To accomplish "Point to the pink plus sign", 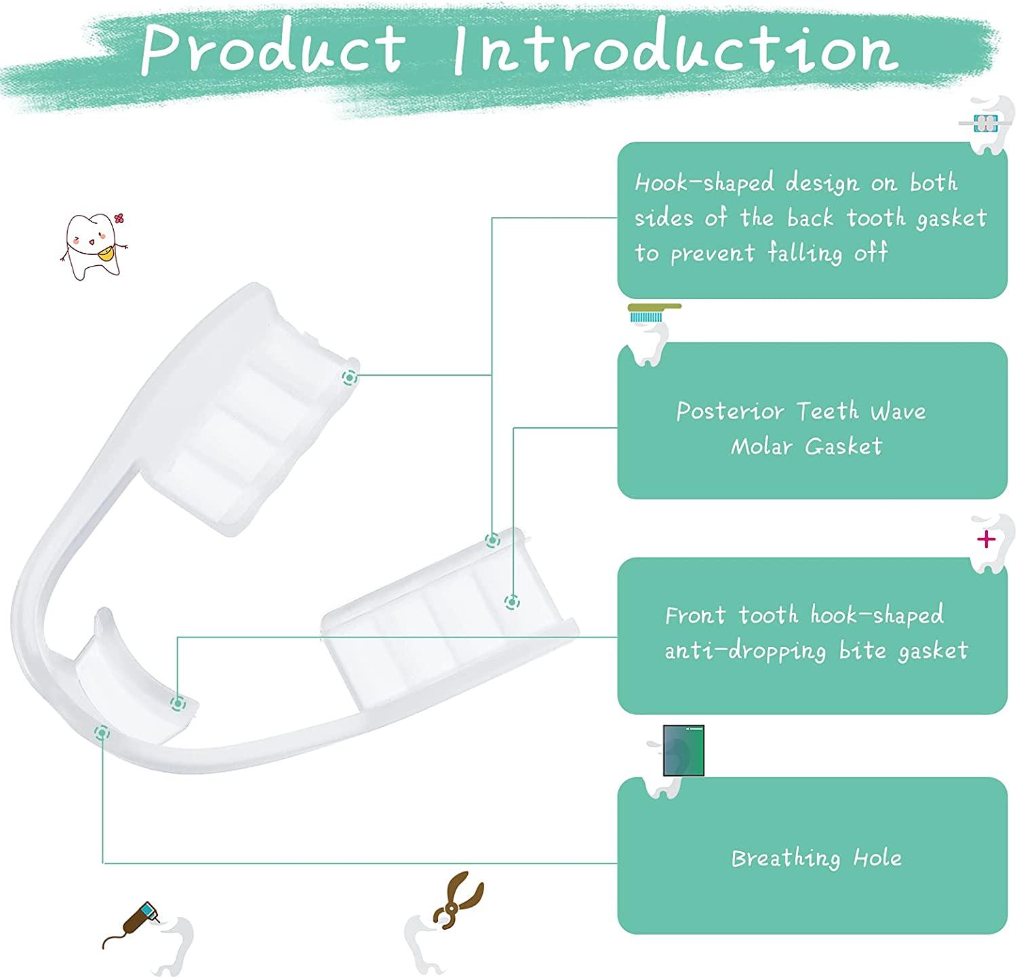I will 986,539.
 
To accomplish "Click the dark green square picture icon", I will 683,750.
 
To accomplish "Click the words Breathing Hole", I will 816,859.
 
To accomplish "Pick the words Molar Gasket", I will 806,446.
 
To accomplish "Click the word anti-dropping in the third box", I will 744,650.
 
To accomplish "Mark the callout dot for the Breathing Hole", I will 102,732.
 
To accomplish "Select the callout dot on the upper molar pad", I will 350,378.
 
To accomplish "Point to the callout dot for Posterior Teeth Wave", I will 512,601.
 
